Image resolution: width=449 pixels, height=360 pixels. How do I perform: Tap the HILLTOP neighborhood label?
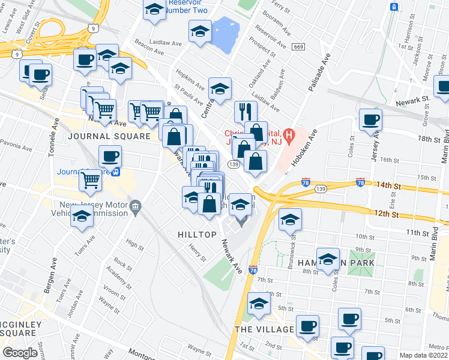[196, 235]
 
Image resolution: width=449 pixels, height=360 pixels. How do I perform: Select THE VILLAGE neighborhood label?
[265, 329]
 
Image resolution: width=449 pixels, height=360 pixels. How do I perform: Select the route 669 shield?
[298, 47]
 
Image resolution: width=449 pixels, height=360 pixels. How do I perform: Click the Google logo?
[20, 353]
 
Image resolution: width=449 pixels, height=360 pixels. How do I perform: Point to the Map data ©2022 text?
[424, 355]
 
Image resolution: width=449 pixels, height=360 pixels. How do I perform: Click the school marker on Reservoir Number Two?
[154, 10]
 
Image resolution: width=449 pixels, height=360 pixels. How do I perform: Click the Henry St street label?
[197, 252]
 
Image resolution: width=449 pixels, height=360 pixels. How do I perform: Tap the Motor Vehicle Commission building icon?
[136, 208]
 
